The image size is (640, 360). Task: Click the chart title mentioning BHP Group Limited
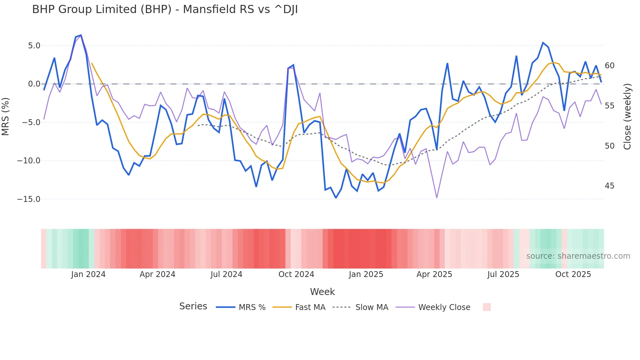coord(165,9)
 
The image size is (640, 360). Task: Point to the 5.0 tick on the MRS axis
coord(34,46)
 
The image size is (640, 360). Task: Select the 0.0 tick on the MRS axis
coord(34,84)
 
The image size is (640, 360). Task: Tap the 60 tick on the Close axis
coord(609,66)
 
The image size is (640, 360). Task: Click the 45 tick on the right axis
coord(609,186)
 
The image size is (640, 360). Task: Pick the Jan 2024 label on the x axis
coord(88,274)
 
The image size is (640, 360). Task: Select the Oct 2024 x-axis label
coord(296,274)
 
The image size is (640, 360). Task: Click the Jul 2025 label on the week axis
coord(503,274)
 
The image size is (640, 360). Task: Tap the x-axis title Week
coord(322,292)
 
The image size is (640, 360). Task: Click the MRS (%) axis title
coord(6,116)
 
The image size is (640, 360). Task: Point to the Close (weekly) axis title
coord(627,116)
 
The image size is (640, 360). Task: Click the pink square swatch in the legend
coord(487,307)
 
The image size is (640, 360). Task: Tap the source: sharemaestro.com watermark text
coord(578,256)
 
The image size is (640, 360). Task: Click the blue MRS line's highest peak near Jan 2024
coord(81,35)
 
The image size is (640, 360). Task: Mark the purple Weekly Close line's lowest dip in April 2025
coord(437,198)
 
